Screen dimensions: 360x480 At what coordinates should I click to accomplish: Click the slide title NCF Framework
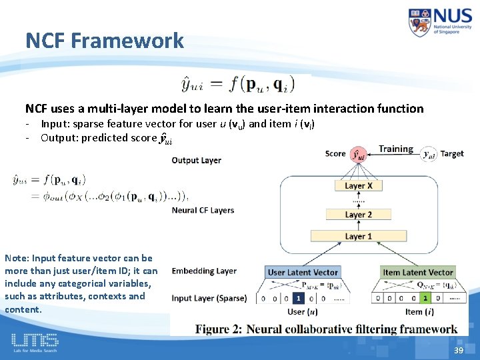point(105,41)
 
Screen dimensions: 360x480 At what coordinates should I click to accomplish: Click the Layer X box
point(359,186)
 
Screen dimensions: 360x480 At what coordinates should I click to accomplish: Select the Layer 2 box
point(359,215)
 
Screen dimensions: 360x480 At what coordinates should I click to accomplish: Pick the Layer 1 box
point(359,236)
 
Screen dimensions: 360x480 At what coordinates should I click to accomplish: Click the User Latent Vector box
point(303,272)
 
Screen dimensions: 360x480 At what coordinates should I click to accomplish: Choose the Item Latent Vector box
point(418,272)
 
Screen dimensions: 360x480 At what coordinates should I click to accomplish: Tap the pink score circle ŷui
point(359,155)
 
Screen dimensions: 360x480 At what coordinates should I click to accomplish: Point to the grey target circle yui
point(429,155)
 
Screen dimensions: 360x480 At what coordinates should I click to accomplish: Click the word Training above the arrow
point(396,149)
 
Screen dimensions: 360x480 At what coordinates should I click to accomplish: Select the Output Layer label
point(196,160)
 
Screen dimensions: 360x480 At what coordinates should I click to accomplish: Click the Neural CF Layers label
point(203,210)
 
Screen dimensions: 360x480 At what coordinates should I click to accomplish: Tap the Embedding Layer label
point(204,271)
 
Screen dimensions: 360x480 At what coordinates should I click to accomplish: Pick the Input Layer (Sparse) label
point(209,298)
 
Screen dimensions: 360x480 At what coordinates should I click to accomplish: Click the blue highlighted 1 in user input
point(301,298)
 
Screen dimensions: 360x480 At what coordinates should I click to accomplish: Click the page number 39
point(458,351)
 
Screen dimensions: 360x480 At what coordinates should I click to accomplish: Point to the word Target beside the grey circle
point(452,154)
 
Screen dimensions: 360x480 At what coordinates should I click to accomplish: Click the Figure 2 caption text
point(326,329)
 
